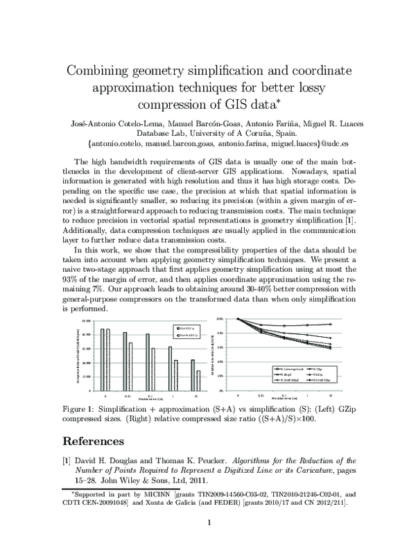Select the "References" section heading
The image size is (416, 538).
tap(94, 440)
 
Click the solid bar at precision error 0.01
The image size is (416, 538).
tap(125, 362)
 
